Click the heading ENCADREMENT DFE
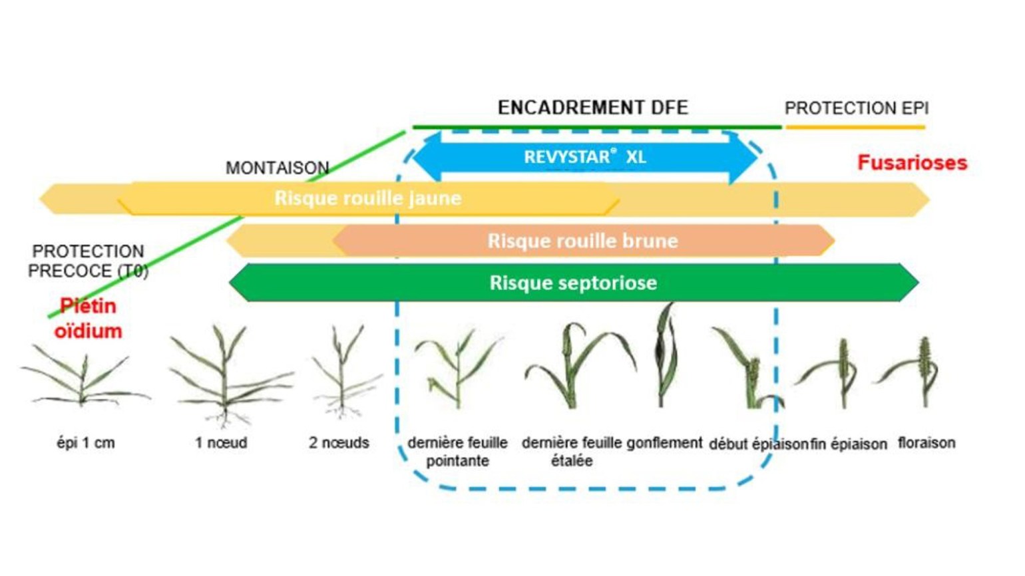click(x=592, y=108)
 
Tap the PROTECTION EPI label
click(x=856, y=108)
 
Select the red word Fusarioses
click(x=912, y=163)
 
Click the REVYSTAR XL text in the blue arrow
click(x=584, y=157)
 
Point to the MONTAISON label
click(x=277, y=168)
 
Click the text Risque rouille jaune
click(x=367, y=198)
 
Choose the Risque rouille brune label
click(x=582, y=241)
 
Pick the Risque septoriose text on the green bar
click(x=573, y=283)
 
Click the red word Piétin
click(x=88, y=306)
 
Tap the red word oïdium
click(x=88, y=331)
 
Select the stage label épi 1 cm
click(x=85, y=443)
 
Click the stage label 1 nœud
click(x=221, y=443)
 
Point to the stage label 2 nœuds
click(x=339, y=443)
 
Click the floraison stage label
click(x=926, y=443)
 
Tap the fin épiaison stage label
click(x=849, y=444)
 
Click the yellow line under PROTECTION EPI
click(x=855, y=126)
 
